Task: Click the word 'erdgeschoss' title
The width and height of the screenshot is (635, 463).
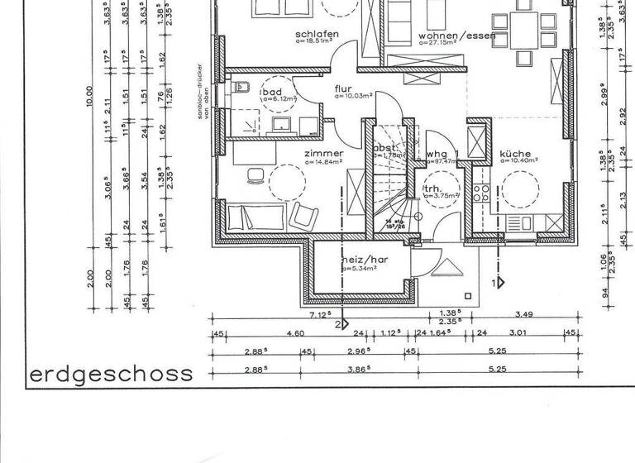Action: click(111, 374)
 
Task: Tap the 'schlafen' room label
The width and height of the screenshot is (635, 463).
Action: click(317, 34)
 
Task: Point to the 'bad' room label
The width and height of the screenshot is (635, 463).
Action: click(271, 91)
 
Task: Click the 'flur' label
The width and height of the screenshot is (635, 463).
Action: click(343, 88)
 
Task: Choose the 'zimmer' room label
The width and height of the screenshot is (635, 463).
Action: click(323, 154)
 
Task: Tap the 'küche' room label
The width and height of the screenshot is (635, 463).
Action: click(518, 153)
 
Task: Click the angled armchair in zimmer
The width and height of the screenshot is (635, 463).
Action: click(303, 216)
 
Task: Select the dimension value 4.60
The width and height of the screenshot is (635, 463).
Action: click(295, 333)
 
